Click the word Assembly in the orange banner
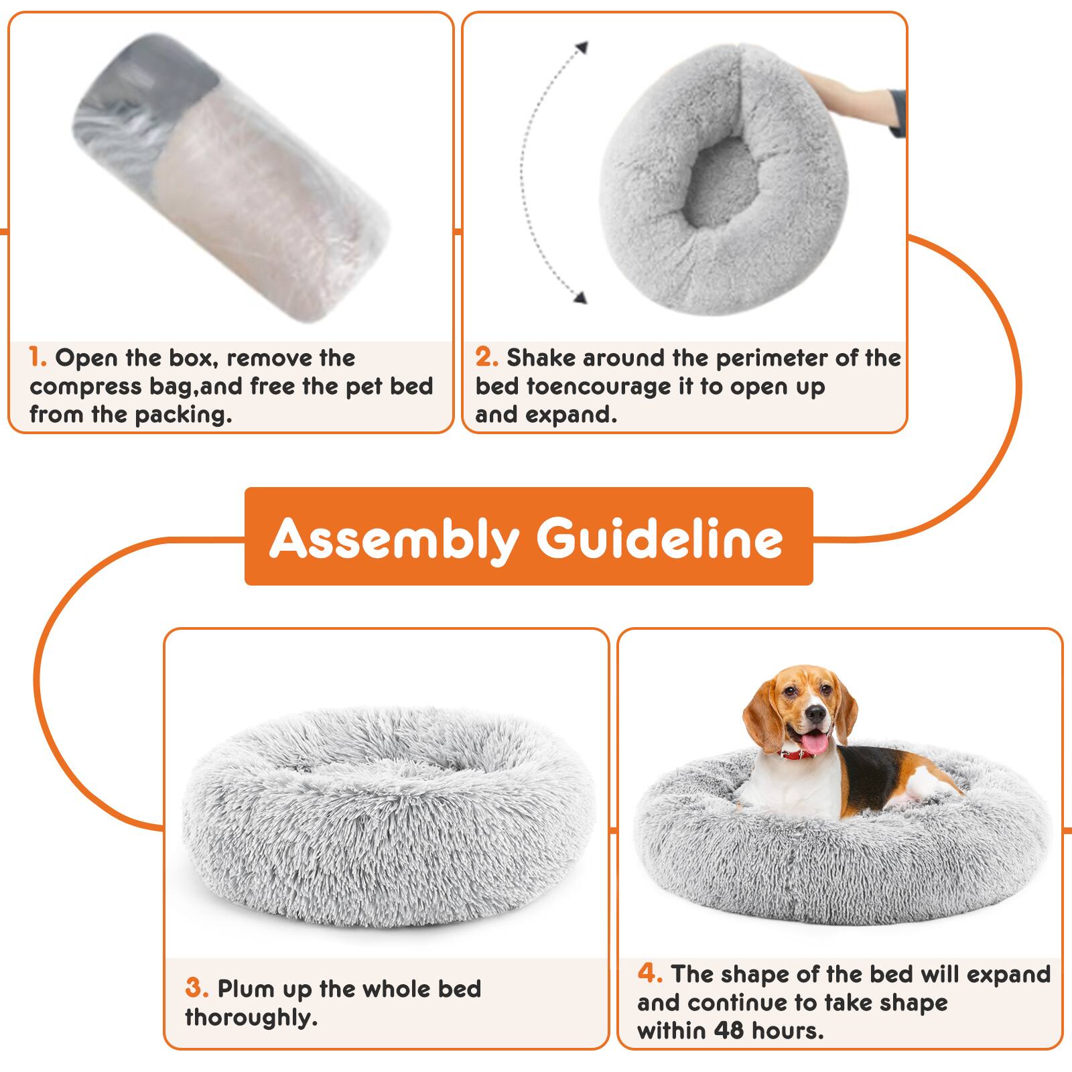[x=394, y=538]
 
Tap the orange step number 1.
[x=38, y=357]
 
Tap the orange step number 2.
[x=486, y=357]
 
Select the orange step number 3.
[x=197, y=988]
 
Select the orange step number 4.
[x=650, y=974]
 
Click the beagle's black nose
[x=815, y=714]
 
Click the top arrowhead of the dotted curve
[x=582, y=47]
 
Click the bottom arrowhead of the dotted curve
[x=581, y=298]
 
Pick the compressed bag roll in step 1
[x=231, y=178]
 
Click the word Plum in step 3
[x=245, y=989]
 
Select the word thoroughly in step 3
[x=249, y=1018]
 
